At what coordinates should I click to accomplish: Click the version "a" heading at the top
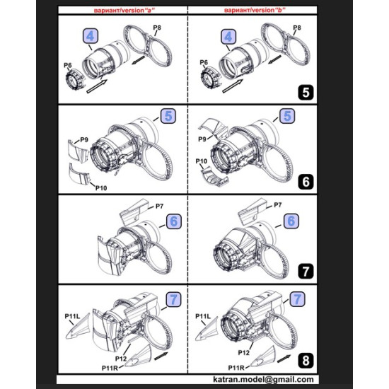pyautogui.click(x=121, y=13)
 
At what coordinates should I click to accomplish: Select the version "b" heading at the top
pyautogui.click(x=250, y=13)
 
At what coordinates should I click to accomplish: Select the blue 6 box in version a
pyautogui.click(x=171, y=221)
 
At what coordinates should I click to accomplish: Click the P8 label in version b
pyautogui.click(x=297, y=27)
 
